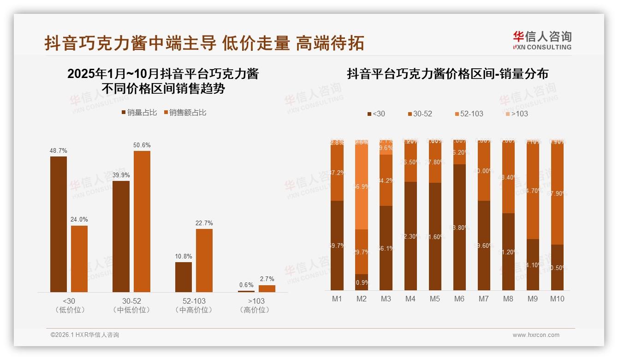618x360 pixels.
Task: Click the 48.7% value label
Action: click(59, 150)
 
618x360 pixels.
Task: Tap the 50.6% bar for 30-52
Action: click(142, 221)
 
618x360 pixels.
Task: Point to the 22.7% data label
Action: click(204, 223)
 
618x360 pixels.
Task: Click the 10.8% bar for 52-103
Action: click(184, 277)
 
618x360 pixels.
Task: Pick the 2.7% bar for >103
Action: click(267, 288)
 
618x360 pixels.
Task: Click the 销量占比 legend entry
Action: click(139, 113)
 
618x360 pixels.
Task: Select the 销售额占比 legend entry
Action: click(185, 113)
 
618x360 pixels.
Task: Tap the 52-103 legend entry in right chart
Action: click(469, 114)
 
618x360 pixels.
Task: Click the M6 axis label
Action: click(459, 299)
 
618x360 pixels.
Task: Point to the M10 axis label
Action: click(557, 299)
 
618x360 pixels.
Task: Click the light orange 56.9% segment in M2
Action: click(362, 187)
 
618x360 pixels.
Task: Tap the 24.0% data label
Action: click(79, 219)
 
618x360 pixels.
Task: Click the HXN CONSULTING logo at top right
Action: click(542, 41)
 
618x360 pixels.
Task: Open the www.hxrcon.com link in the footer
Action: click(536, 335)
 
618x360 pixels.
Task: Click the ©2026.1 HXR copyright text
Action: click(85, 335)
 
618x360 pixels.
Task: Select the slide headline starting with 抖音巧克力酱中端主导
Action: click(204, 43)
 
